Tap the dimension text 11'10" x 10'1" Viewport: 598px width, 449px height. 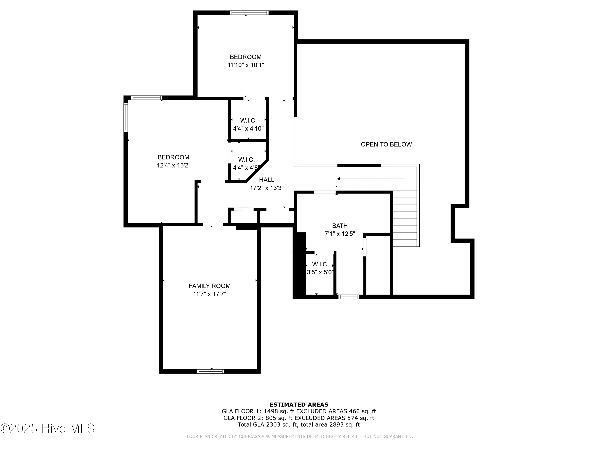[x=245, y=65]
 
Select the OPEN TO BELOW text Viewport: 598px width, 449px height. [x=386, y=144]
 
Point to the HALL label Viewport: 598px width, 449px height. [x=267, y=180]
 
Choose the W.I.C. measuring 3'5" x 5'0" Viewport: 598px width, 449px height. [x=320, y=268]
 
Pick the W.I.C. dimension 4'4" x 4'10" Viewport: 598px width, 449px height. [x=248, y=129]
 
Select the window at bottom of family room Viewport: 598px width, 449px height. [x=211, y=371]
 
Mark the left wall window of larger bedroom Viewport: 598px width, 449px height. [x=125, y=118]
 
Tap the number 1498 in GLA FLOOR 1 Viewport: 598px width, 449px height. [x=271, y=411]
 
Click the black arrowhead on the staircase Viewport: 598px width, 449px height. [x=338, y=179]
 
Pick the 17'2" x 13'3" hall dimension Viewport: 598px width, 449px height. [x=267, y=188]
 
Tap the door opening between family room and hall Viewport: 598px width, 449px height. [x=213, y=224]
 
